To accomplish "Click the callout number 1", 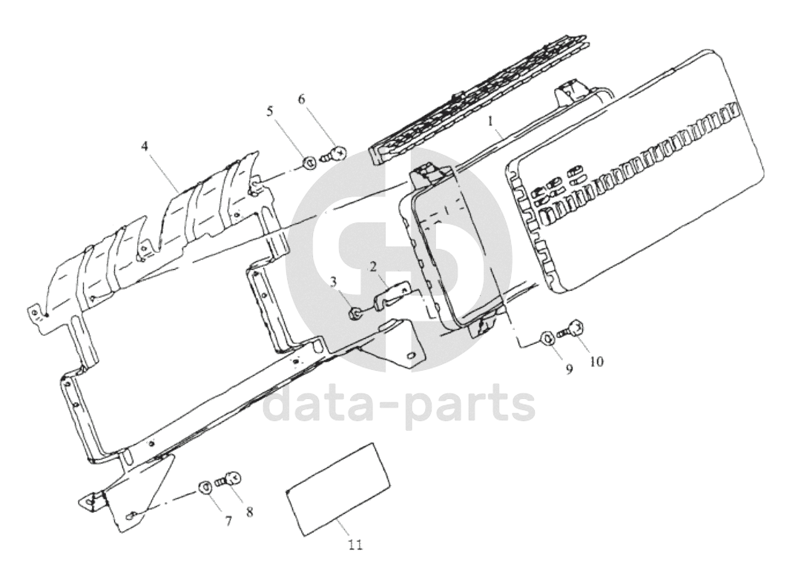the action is pos(491,121).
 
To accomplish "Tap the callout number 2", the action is pos(373,267).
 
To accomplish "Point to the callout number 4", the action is pos(145,147).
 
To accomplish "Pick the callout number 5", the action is pos(270,110).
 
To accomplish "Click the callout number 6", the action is pos(302,99).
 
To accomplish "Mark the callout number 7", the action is pos(228,521).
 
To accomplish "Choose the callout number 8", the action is pos(249,512).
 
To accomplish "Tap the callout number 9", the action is pos(569,369).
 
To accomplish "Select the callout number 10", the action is pos(596,362).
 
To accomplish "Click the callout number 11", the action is pos(356,545).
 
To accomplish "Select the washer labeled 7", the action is pos(206,487).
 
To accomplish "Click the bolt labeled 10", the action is pos(572,328).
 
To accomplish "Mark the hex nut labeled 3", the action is pos(355,315).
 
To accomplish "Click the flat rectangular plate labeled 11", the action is pos(338,489).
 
